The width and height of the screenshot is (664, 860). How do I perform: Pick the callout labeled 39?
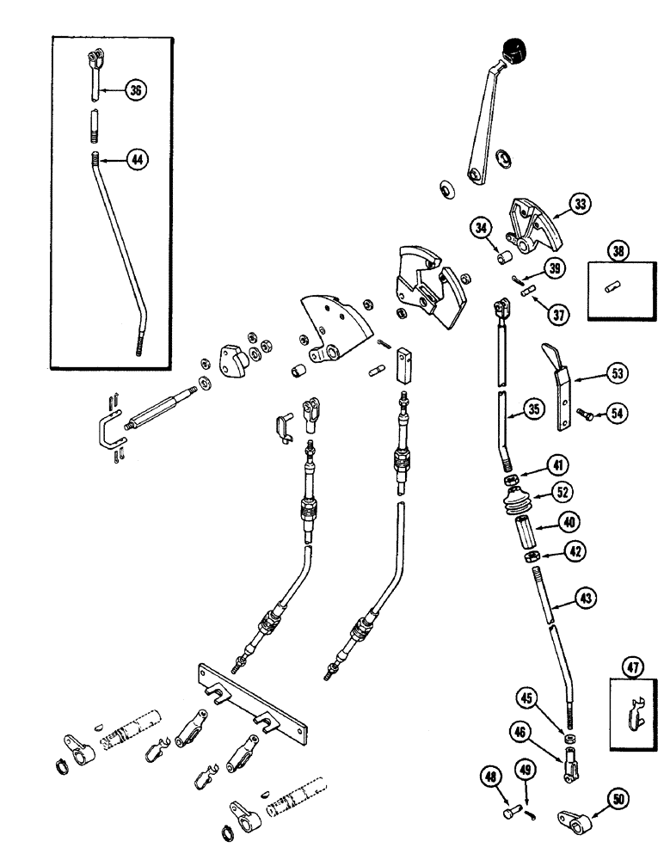click(556, 269)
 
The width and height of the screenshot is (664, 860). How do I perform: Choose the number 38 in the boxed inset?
click(617, 251)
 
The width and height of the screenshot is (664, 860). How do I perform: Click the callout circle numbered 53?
click(616, 373)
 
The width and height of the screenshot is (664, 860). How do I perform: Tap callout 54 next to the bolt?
click(616, 414)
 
